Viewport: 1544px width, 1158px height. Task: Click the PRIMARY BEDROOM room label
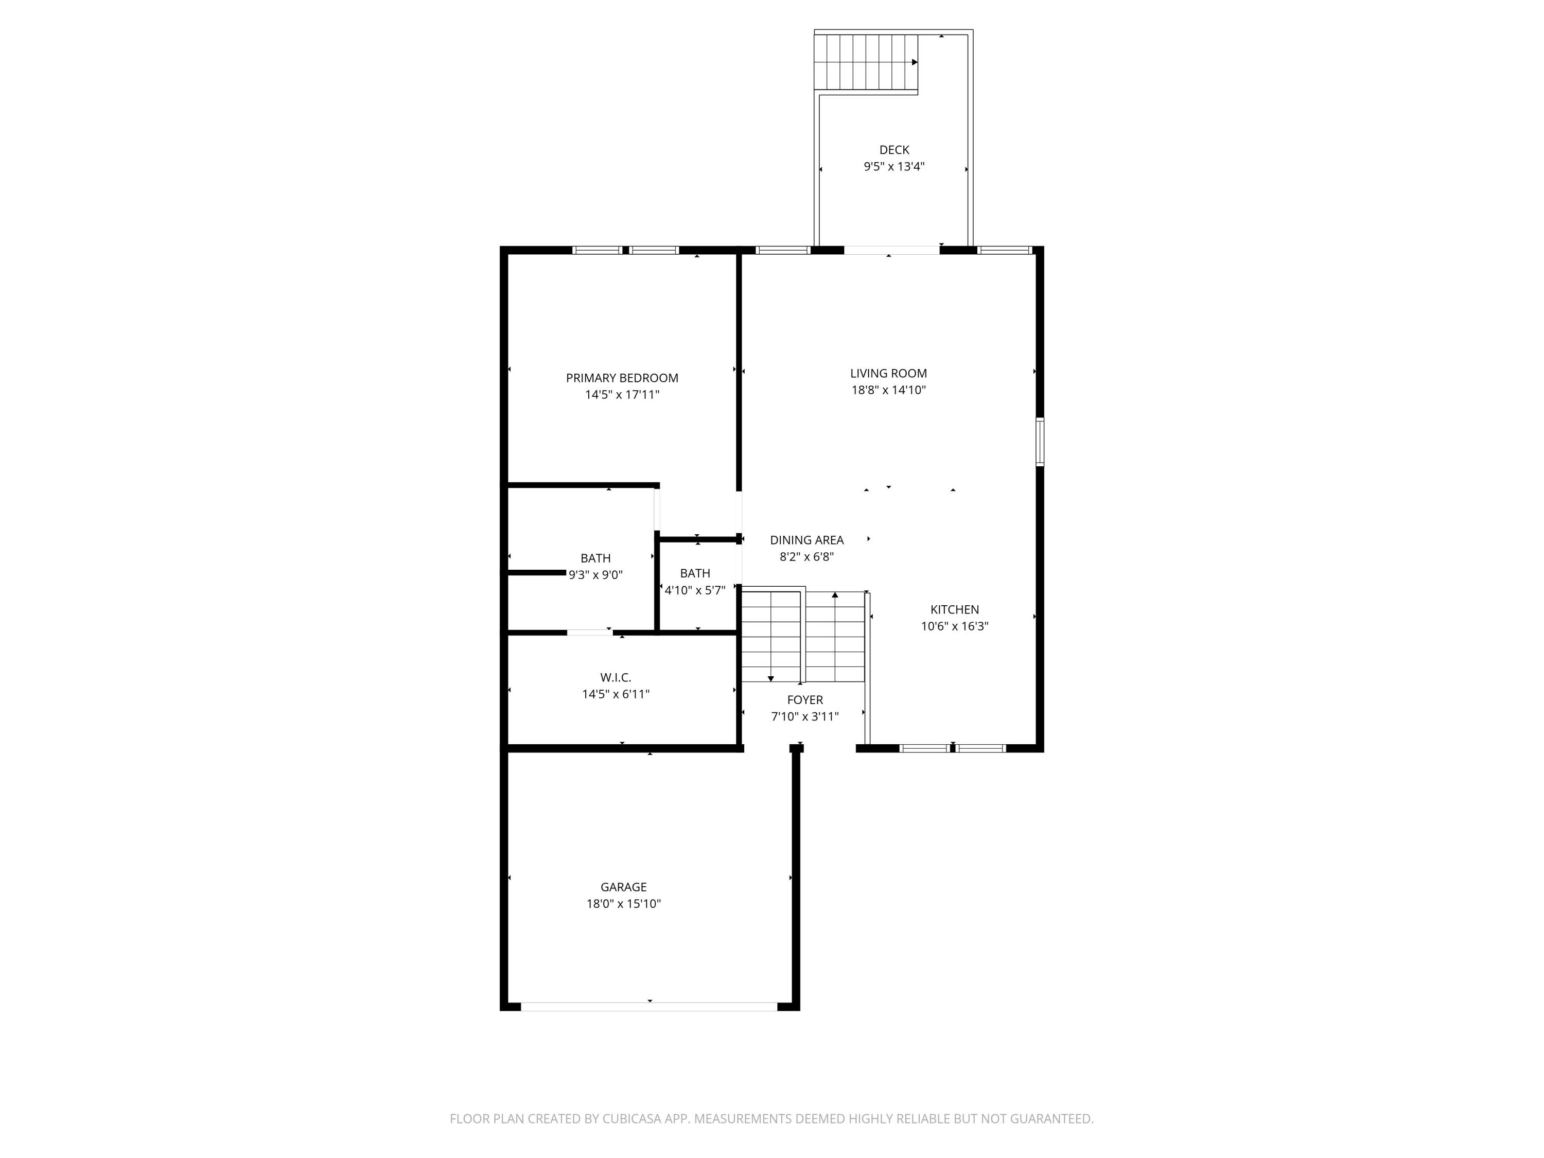621,378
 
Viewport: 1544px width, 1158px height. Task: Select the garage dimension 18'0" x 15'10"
623,903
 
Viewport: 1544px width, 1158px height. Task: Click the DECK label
893,149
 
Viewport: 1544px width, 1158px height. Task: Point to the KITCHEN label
954,609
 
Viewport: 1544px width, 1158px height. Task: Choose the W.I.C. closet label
615,677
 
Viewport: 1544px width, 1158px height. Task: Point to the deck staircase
866,62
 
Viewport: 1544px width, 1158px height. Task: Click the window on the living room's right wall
1039,441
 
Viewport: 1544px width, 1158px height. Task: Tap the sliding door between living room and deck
891,250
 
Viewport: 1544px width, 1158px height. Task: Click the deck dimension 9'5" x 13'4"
893,167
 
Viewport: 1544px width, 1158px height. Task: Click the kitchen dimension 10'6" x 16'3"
954,626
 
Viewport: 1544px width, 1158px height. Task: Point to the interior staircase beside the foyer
803,637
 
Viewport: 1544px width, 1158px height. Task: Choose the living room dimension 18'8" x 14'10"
888,390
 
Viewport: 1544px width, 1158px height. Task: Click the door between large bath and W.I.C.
589,633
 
